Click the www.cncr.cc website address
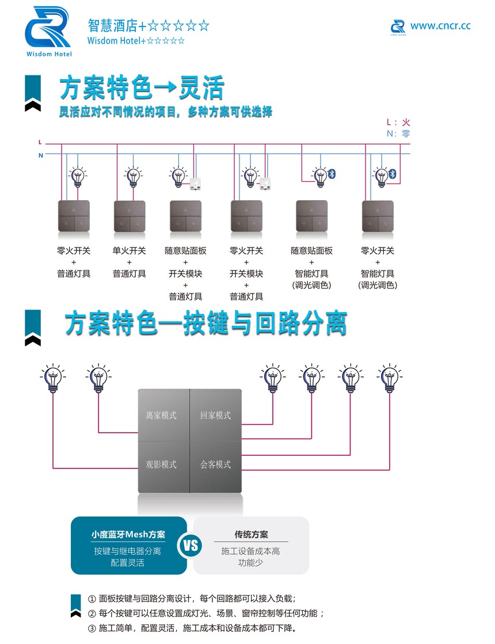click(x=440, y=26)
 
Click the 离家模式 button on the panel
click(x=161, y=415)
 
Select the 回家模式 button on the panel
click(x=215, y=415)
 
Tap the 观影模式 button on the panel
click(x=161, y=464)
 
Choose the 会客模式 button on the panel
click(x=215, y=464)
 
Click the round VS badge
click(x=190, y=546)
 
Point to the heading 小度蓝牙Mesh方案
click(x=128, y=534)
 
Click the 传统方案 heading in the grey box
click(x=251, y=534)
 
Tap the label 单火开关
click(x=129, y=250)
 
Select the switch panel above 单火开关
click(x=130, y=216)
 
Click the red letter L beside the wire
click(x=40, y=142)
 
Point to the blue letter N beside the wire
click(x=41, y=155)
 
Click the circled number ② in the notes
click(x=92, y=613)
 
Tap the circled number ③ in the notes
click(x=92, y=628)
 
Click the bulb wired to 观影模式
click(x=53, y=378)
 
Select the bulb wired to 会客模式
click(x=390, y=378)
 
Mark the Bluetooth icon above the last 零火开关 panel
click(x=393, y=174)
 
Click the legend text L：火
click(x=398, y=122)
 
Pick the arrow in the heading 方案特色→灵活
click(x=166, y=87)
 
